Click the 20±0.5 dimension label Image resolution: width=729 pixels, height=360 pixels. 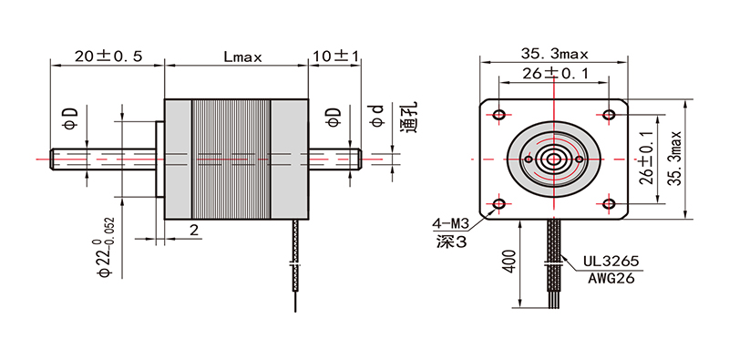(108, 56)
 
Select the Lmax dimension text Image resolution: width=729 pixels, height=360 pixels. (242, 57)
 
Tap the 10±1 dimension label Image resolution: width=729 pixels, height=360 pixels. (334, 56)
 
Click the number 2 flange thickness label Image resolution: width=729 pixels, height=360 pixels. (194, 230)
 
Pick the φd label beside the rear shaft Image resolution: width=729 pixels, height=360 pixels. (376, 116)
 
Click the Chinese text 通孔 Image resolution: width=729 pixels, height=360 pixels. (409, 118)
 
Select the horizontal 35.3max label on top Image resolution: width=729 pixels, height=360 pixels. (554, 55)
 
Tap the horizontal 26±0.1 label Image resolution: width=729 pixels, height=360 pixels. (554, 73)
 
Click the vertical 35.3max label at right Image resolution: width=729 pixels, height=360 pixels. (674, 158)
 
